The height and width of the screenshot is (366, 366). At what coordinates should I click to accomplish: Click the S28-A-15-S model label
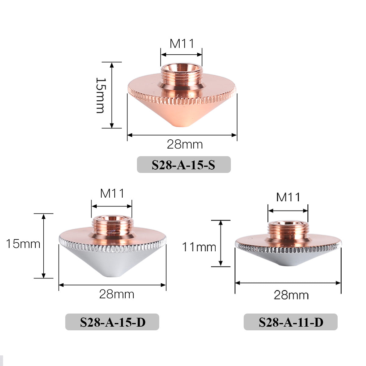click(x=184, y=165)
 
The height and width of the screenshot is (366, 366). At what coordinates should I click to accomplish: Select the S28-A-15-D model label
click(x=113, y=322)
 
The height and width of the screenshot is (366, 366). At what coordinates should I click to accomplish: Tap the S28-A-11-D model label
click(x=291, y=322)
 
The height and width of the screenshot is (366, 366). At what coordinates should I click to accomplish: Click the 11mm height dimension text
click(x=199, y=247)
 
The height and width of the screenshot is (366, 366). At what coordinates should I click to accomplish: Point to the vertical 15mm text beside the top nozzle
click(x=100, y=95)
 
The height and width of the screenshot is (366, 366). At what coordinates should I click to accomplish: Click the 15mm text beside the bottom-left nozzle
click(x=23, y=244)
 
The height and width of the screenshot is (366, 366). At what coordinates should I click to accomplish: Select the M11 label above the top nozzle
click(x=182, y=44)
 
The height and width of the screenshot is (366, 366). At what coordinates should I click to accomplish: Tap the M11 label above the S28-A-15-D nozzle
click(x=112, y=193)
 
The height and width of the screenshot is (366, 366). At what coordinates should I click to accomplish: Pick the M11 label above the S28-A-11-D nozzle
click(x=288, y=197)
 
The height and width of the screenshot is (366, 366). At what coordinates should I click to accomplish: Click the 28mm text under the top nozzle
click(x=185, y=144)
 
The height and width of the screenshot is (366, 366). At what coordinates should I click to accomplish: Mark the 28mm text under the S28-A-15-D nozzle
click(x=117, y=294)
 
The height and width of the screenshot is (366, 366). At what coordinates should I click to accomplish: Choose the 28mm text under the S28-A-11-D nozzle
click(x=291, y=295)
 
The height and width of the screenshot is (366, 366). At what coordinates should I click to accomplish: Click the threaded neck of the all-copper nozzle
click(x=181, y=75)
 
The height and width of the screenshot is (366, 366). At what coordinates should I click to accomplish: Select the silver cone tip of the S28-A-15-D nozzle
click(x=112, y=268)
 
